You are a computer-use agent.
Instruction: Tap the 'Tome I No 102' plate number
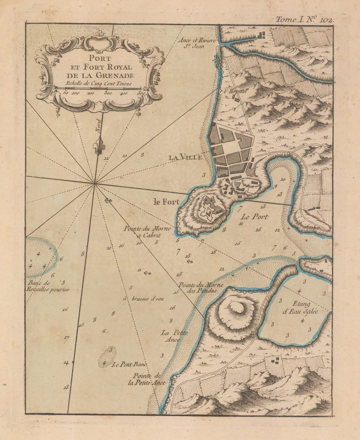[304, 20]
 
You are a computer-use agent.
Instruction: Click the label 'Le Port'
[255, 217]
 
